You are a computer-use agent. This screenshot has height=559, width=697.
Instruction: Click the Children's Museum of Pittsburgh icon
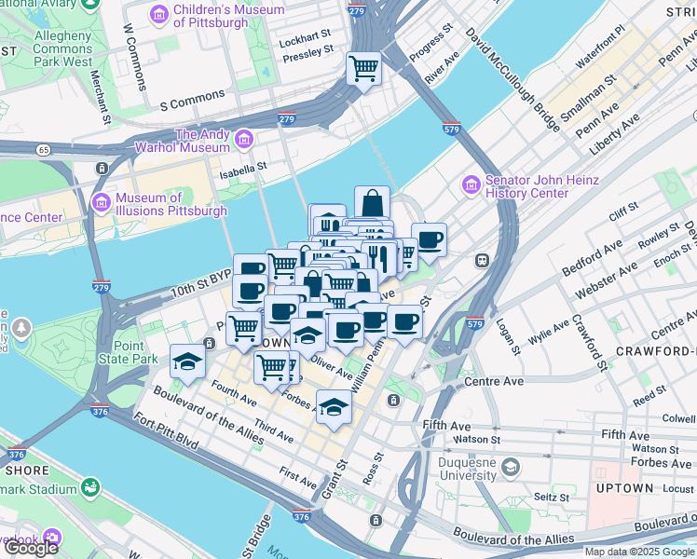pyautogui.click(x=158, y=14)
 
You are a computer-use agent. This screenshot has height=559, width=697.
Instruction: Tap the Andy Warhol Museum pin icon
pyautogui.click(x=245, y=140)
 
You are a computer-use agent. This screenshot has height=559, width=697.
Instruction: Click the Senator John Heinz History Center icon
pyautogui.click(x=471, y=186)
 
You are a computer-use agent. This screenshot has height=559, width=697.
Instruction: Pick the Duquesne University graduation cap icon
pyautogui.click(x=510, y=466)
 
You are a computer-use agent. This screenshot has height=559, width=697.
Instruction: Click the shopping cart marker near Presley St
pyautogui.click(x=363, y=67)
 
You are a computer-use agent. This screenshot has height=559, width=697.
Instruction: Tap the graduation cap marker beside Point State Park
pyautogui.click(x=187, y=361)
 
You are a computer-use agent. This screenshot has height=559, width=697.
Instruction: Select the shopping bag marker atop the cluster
pyautogui.click(x=372, y=202)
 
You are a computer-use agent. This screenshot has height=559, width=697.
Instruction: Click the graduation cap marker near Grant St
pyautogui.click(x=334, y=406)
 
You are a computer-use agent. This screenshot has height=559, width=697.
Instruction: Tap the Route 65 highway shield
pyautogui.click(x=43, y=148)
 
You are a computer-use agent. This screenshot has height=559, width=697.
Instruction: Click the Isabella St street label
pyautogui.click(x=243, y=167)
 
